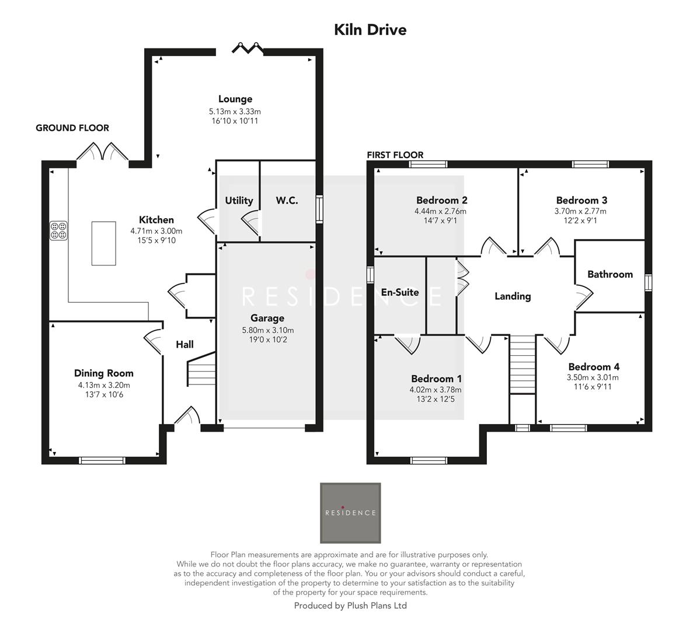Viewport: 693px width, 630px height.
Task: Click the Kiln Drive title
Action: point(370,30)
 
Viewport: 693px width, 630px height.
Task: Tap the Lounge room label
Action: point(235,99)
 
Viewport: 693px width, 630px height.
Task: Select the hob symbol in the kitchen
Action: point(58,230)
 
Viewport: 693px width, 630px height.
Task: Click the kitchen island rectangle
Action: point(103,243)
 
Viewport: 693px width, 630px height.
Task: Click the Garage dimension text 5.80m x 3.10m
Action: point(267,330)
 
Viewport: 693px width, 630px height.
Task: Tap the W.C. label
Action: point(287,201)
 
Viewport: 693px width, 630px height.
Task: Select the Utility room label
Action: point(239,201)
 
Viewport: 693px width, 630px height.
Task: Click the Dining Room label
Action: point(104,373)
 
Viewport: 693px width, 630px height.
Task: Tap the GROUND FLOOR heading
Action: point(72,128)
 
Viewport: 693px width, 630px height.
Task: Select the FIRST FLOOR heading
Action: point(395,155)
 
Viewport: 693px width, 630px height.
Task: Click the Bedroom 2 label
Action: point(441,200)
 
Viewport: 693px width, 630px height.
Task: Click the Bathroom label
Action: point(610,274)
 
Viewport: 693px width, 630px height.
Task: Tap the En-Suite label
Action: point(400,292)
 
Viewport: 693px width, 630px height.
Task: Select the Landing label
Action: point(513,296)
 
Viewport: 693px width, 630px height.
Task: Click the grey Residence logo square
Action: point(350,513)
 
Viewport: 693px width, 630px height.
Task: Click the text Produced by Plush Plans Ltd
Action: point(350,605)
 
